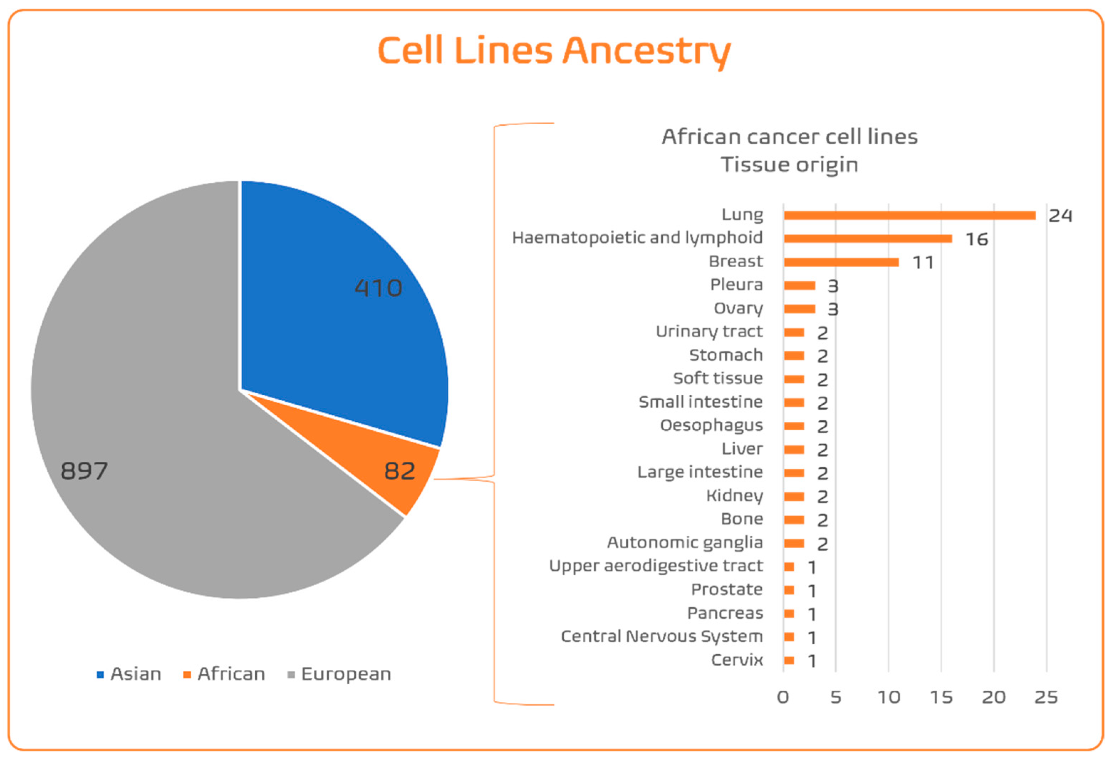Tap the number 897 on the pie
point(84,471)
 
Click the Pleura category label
point(736,285)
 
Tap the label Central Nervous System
point(662,637)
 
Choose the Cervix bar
point(789,660)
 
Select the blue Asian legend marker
point(100,675)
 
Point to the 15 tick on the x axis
point(941,698)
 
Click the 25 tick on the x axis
point(1046,698)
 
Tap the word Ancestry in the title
point(646,51)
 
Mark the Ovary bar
point(799,309)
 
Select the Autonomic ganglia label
point(684,543)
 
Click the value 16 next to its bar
point(977,239)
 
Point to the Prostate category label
point(727,590)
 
